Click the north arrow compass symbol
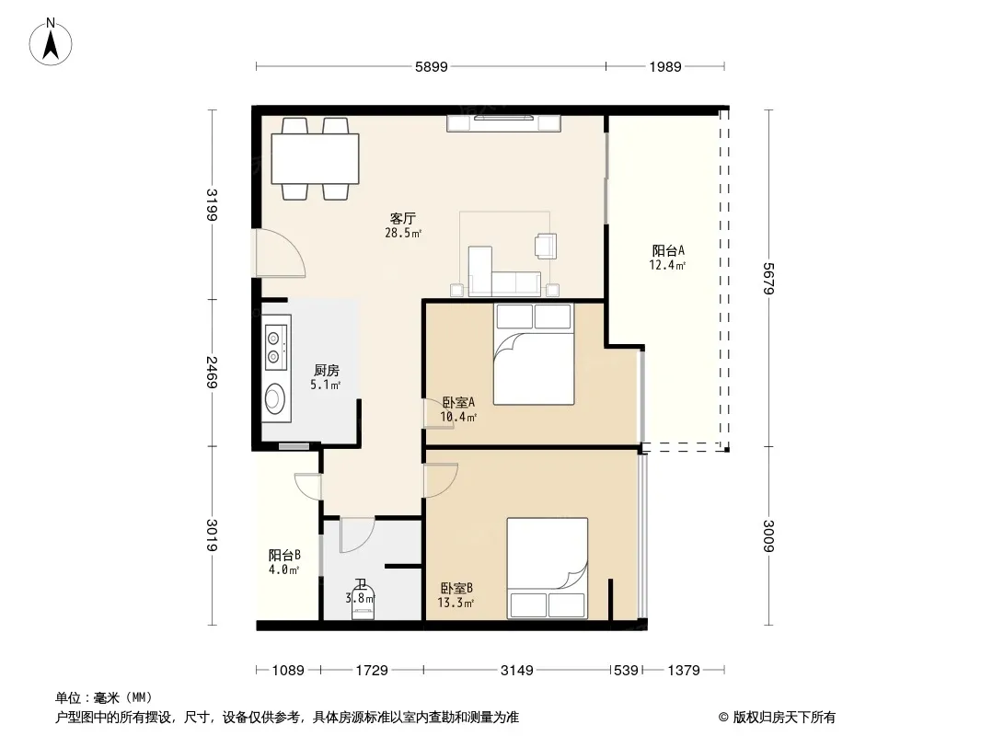(x=51, y=42)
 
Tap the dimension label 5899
(x=431, y=67)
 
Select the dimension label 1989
(x=665, y=67)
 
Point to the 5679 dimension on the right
(x=769, y=278)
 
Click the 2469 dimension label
(x=213, y=372)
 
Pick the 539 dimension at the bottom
(x=627, y=671)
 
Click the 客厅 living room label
(x=403, y=218)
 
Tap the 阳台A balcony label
(x=668, y=251)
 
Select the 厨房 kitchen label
(x=327, y=371)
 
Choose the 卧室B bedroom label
(x=456, y=589)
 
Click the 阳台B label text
(x=284, y=556)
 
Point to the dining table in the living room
(x=315, y=159)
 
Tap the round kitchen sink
(x=274, y=398)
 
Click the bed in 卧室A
(x=534, y=354)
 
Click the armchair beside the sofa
(x=546, y=246)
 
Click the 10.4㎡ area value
(x=458, y=417)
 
